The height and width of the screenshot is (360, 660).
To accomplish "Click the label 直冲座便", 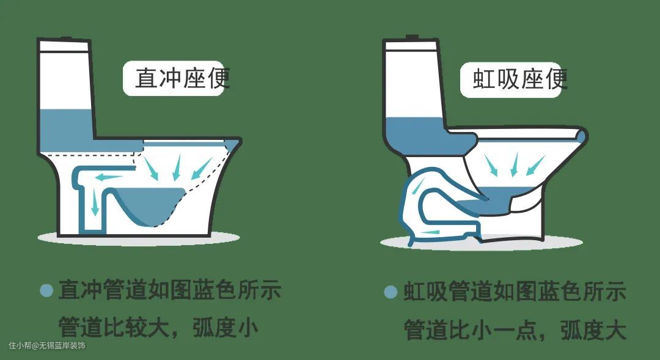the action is (182, 78).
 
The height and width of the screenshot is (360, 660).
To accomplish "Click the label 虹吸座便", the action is (520, 79).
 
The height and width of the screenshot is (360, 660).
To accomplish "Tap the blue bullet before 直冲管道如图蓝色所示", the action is (46, 290).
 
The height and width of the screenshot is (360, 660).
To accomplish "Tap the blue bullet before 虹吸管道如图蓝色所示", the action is (391, 292).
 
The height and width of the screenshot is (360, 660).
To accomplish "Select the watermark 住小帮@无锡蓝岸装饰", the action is (46, 346).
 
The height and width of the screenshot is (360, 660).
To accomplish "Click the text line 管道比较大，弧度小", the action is (158, 327).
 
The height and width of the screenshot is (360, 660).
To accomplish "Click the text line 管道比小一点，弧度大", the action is (515, 329).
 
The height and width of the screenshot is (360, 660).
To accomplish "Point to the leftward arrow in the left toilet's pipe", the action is (109, 177).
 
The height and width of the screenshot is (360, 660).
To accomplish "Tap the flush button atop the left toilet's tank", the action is (65, 39).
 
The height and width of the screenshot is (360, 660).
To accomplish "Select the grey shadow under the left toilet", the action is (139, 238).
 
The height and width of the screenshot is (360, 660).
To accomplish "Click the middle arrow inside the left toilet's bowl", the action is (177, 167).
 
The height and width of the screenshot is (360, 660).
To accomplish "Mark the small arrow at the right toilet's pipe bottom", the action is (430, 232).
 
